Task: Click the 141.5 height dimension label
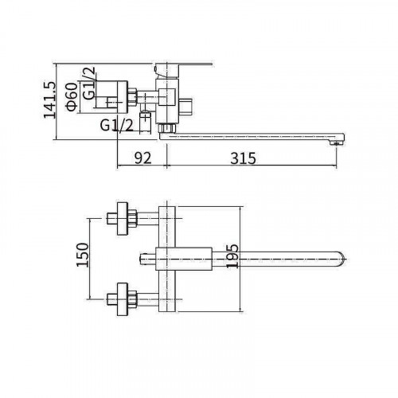point(49,99)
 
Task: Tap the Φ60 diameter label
point(72,96)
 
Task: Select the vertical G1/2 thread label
point(88,83)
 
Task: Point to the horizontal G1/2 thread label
point(117,125)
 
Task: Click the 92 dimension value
point(142,158)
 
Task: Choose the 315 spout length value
point(244,158)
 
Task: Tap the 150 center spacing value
point(82,255)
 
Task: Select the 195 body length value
point(232,256)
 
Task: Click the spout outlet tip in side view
point(337,143)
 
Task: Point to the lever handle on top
point(183,69)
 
